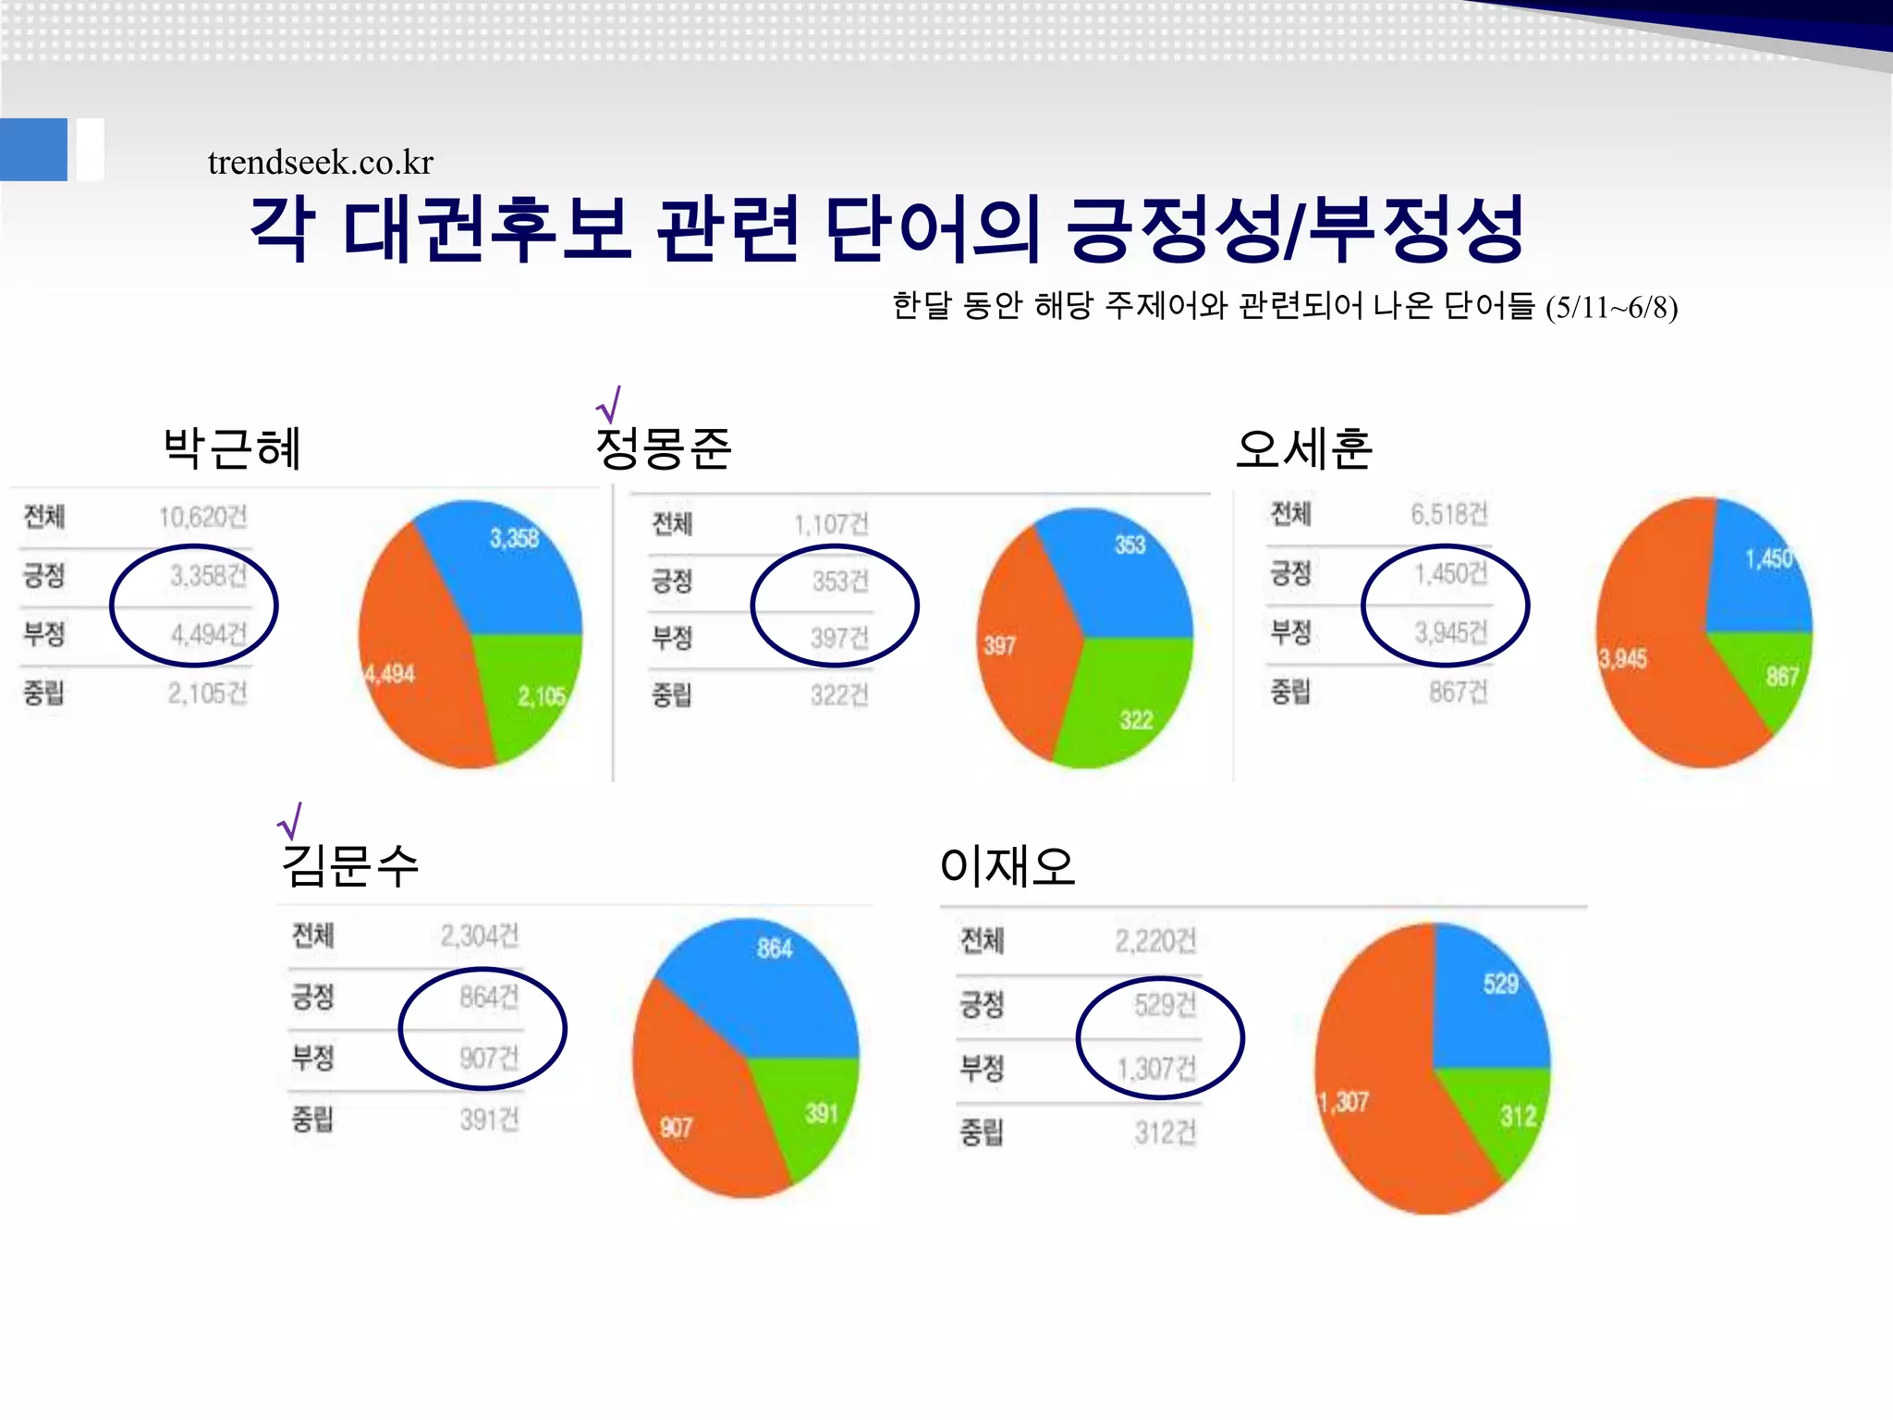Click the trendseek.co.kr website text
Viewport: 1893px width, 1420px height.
320,163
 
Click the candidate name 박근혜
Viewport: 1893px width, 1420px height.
232,449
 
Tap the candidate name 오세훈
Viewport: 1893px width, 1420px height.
1303,449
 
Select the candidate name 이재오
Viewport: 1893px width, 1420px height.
1008,866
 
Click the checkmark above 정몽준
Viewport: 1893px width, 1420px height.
608,404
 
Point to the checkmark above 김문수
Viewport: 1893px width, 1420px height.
290,820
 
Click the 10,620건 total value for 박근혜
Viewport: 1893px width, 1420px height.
202,517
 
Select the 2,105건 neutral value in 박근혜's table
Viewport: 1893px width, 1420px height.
207,693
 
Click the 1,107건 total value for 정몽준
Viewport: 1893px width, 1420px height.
831,525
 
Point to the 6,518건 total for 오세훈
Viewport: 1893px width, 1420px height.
1448,514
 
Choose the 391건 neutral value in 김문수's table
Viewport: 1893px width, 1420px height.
489,1120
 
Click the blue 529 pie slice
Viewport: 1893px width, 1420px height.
1488,998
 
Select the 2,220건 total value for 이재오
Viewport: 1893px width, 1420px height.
1155,942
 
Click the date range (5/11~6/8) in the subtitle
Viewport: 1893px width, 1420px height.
1611,308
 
